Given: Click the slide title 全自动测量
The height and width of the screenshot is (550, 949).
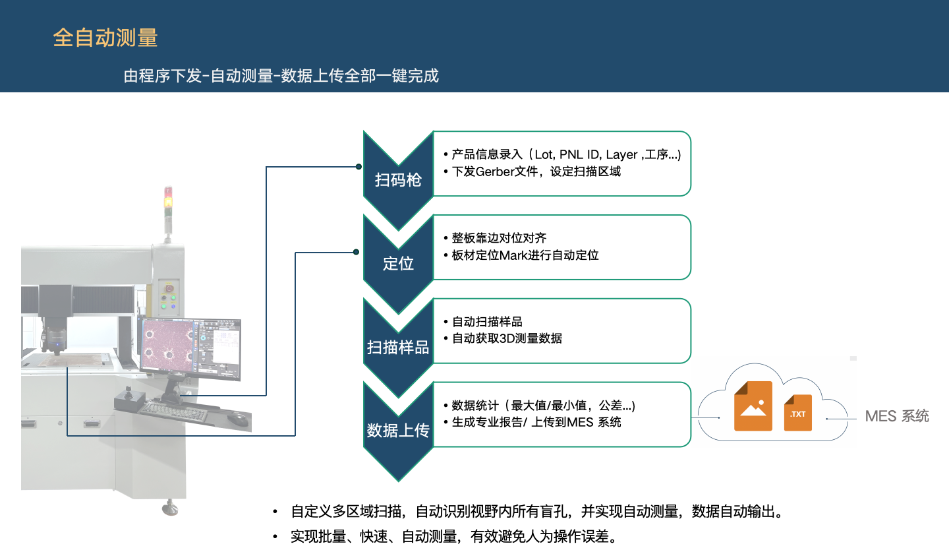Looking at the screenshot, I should [x=105, y=38].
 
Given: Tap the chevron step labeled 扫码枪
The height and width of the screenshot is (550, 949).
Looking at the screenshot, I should [x=398, y=179].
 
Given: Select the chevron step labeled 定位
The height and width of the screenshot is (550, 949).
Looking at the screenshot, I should [x=398, y=264].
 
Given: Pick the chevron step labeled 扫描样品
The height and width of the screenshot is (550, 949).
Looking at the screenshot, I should [x=398, y=348].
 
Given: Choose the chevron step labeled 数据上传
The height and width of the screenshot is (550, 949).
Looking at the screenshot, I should [x=398, y=431].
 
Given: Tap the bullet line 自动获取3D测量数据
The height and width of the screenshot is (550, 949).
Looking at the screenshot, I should [x=507, y=338].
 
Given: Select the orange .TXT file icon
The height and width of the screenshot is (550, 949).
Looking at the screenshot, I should [x=797, y=412].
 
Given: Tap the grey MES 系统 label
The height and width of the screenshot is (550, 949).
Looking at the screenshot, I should [x=897, y=416].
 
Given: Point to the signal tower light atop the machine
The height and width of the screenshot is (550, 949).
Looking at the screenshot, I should [x=168, y=201].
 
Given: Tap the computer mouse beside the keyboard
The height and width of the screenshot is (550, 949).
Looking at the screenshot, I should [x=237, y=418].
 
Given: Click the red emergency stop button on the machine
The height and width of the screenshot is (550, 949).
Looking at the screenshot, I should [x=169, y=288].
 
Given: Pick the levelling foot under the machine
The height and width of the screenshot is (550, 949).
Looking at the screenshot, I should [x=171, y=507].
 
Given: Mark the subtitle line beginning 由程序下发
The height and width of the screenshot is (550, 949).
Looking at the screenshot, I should [x=281, y=76].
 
